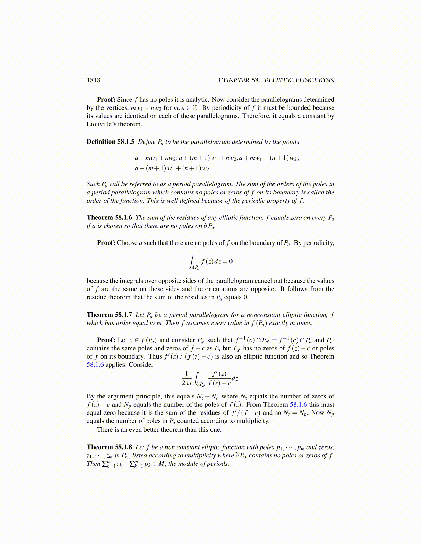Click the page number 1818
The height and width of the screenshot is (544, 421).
(93, 80)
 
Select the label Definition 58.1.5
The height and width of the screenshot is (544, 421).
(110, 142)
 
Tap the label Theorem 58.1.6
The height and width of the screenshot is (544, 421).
(109, 218)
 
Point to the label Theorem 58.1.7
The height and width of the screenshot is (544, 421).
(109, 315)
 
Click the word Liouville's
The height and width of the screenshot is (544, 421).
(102, 124)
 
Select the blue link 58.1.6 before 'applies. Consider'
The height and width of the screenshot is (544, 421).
(95, 365)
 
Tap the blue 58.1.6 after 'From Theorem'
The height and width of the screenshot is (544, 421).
(298, 405)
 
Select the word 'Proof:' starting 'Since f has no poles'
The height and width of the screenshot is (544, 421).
(106, 100)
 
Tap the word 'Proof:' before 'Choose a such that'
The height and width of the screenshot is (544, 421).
(106, 243)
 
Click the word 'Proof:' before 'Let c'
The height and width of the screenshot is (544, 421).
(106, 340)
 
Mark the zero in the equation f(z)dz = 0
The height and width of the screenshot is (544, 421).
(230, 262)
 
